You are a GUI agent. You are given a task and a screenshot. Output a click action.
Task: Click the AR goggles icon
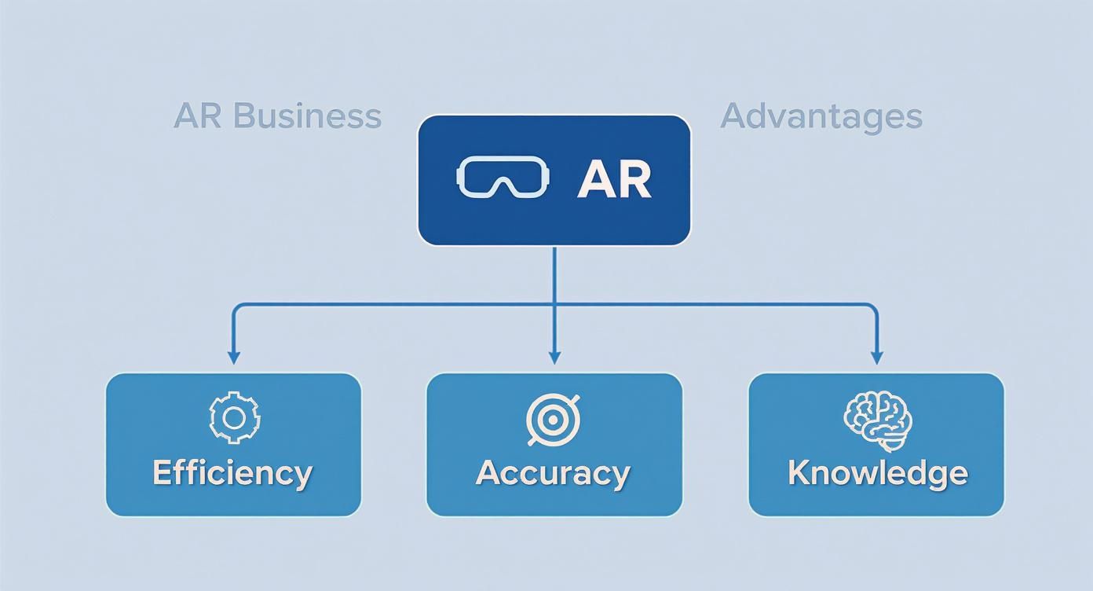pyautogui.click(x=503, y=178)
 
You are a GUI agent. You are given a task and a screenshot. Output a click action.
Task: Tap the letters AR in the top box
pyautogui.click(x=614, y=180)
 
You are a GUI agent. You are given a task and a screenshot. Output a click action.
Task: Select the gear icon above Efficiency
pyautogui.click(x=234, y=417)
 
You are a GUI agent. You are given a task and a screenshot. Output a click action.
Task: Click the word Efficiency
pyautogui.click(x=232, y=473)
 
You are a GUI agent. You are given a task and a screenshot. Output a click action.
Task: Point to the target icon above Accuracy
pyautogui.click(x=553, y=420)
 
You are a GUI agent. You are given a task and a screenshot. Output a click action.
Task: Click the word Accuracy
pyautogui.click(x=553, y=473)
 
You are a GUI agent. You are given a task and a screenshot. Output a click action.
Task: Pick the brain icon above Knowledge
pyautogui.click(x=877, y=422)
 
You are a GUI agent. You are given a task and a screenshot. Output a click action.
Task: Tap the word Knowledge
pyautogui.click(x=877, y=473)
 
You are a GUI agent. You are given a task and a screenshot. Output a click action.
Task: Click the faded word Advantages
pyautogui.click(x=821, y=116)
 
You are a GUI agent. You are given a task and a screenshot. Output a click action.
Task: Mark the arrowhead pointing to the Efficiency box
pyautogui.click(x=233, y=358)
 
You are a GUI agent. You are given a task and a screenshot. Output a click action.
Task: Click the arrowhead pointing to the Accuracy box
pyautogui.click(x=554, y=358)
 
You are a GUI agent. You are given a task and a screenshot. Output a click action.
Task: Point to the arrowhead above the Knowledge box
pyautogui.click(x=877, y=358)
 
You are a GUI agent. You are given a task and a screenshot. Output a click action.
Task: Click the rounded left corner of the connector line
pyautogui.click(x=236, y=307)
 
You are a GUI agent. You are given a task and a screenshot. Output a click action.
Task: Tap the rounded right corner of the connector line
pyautogui.click(x=874, y=307)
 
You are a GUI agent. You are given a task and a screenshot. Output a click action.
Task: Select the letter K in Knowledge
pyautogui.click(x=799, y=473)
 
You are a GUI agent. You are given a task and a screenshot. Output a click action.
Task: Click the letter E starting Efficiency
pyautogui.click(x=163, y=473)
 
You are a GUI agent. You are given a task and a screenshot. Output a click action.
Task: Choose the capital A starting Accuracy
pyautogui.click(x=489, y=473)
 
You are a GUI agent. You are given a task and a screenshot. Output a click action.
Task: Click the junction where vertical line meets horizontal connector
pyautogui.click(x=554, y=304)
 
